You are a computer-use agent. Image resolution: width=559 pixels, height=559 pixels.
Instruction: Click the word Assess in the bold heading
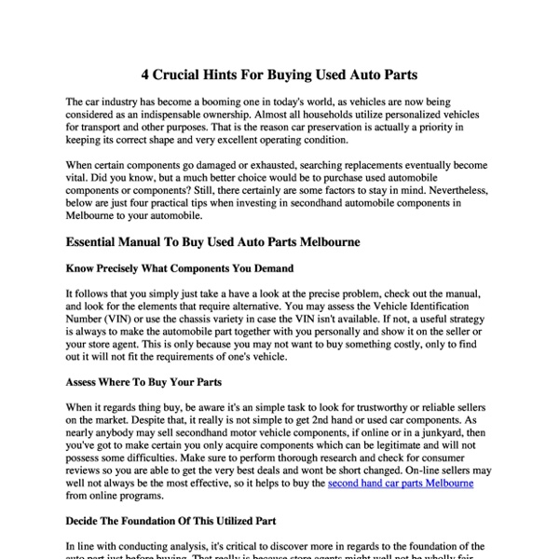(86, 381)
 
